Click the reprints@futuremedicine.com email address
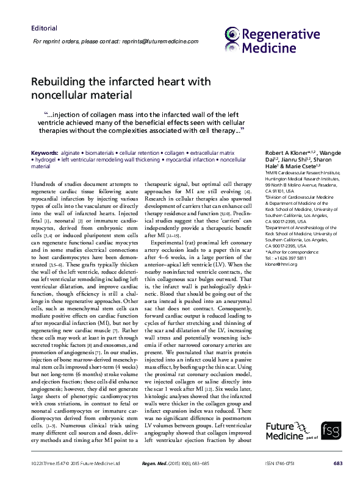click(163, 41)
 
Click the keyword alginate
click(71, 152)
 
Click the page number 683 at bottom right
click(338, 463)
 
